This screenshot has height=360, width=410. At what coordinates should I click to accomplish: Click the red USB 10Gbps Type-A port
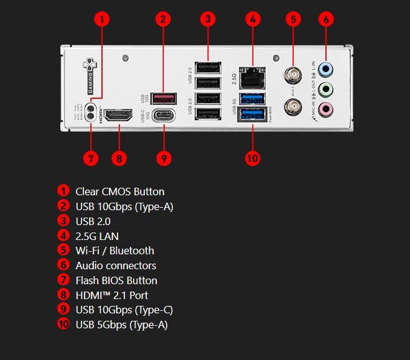pos(164,98)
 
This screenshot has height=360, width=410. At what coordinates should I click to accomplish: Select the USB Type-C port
pos(164,116)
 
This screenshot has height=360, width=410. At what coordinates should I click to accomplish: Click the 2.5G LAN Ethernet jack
pos(253,76)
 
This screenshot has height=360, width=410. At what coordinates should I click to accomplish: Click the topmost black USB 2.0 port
pos(208,67)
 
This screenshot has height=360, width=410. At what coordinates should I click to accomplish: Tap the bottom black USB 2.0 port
pos(208,114)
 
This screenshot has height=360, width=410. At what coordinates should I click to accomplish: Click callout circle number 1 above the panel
pos(103,19)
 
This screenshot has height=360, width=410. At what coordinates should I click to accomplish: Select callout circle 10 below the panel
pos(252,158)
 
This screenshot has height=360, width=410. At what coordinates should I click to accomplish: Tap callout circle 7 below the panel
pos(91,158)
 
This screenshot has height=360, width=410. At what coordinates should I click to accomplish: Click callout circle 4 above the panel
pos(252,19)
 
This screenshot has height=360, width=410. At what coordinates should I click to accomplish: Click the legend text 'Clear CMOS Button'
pos(119,192)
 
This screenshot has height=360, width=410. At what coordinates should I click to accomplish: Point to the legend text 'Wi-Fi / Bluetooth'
pos(114,251)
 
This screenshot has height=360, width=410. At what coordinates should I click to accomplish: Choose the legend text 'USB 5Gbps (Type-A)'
pos(121,325)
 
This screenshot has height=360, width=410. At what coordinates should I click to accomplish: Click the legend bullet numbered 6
pos(63,265)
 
